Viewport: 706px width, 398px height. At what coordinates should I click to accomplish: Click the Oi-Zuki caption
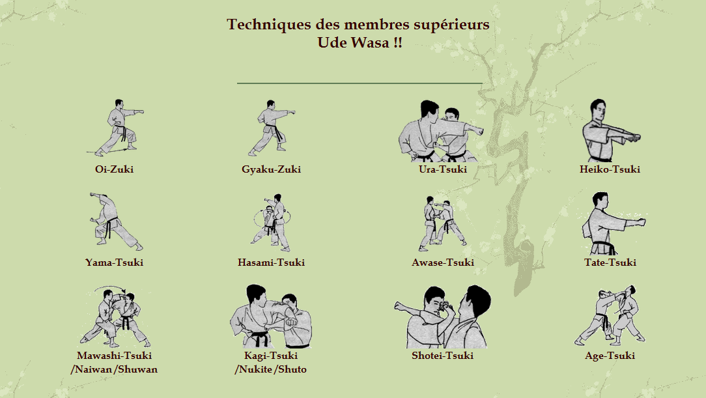[x=114, y=169]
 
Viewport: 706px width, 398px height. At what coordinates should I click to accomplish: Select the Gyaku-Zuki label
[x=271, y=169]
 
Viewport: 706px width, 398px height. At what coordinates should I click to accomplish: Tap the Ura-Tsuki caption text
[x=442, y=169]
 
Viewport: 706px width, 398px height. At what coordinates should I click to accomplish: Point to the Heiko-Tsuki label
[x=610, y=169]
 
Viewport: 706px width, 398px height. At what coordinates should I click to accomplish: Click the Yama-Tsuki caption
[x=114, y=263]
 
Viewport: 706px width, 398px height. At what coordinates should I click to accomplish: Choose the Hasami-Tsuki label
[x=271, y=263]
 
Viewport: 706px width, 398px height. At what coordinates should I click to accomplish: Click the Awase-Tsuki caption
[x=442, y=263]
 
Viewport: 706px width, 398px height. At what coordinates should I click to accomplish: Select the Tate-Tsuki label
[x=610, y=263]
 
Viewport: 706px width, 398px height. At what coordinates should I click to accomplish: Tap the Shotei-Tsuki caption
[x=442, y=356]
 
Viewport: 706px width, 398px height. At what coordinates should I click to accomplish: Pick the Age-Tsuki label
[x=610, y=356]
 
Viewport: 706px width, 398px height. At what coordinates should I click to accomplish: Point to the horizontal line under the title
[x=360, y=83]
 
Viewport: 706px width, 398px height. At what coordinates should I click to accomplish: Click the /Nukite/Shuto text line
[x=270, y=369]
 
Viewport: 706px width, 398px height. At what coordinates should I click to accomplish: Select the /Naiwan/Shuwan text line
[x=114, y=369]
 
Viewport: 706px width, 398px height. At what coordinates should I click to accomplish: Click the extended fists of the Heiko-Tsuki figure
[x=632, y=137]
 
